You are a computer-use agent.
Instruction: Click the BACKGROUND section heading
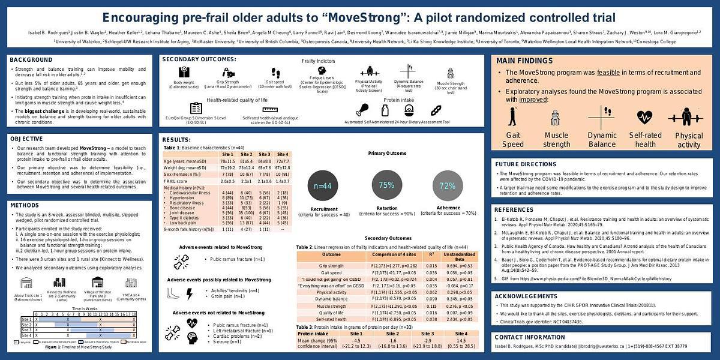coord(31,60)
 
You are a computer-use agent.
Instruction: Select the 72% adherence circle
coord(448,186)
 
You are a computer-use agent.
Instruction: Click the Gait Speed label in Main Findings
coord(514,140)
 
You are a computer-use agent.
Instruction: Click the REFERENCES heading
coord(514,210)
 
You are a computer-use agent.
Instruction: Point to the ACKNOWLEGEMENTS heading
coord(527,296)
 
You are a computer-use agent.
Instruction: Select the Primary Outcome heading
coord(386,154)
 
